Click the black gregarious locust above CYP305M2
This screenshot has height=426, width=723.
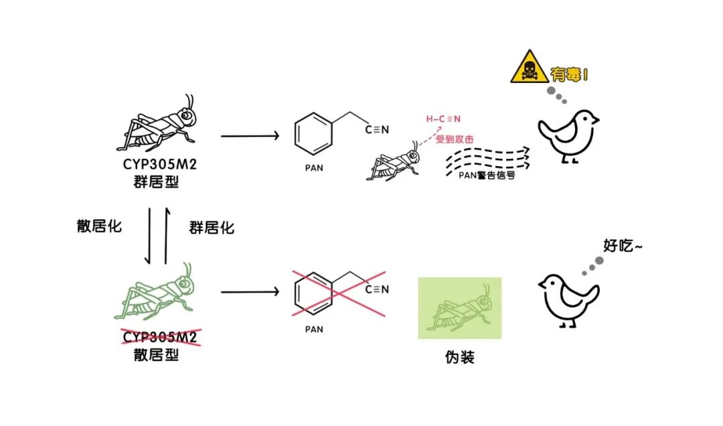tap(160, 123)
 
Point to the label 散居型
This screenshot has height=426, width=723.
tap(156, 354)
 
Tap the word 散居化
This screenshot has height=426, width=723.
tap(100, 226)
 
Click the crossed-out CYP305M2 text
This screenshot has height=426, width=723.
tap(159, 336)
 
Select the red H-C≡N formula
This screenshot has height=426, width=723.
tap(443, 119)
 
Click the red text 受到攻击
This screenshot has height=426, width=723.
tap(455, 139)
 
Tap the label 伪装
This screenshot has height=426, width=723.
tap(459, 357)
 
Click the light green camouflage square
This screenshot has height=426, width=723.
tap(459, 307)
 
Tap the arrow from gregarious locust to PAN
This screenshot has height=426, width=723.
tap(249, 136)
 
